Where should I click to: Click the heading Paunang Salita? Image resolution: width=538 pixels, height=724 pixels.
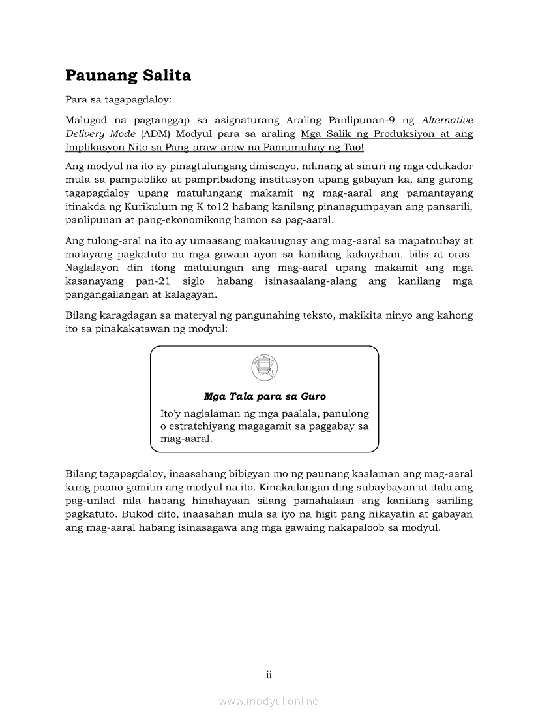(128, 76)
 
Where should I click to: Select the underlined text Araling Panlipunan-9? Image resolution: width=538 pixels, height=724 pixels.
(340, 121)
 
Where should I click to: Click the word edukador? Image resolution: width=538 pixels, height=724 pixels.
(450, 166)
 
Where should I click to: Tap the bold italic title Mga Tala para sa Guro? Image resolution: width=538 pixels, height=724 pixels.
(265, 396)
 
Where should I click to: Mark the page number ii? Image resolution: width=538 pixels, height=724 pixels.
(269, 674)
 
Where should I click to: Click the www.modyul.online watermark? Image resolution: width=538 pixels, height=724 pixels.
(269, 702)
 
